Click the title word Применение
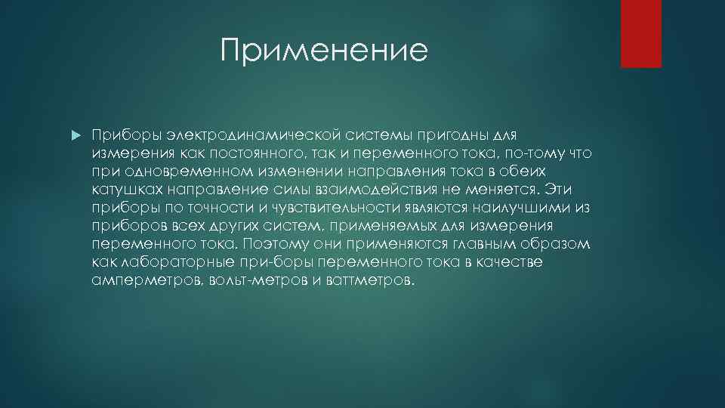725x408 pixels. (x=324, y=51)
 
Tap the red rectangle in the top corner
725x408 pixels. (x=640, y=33)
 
